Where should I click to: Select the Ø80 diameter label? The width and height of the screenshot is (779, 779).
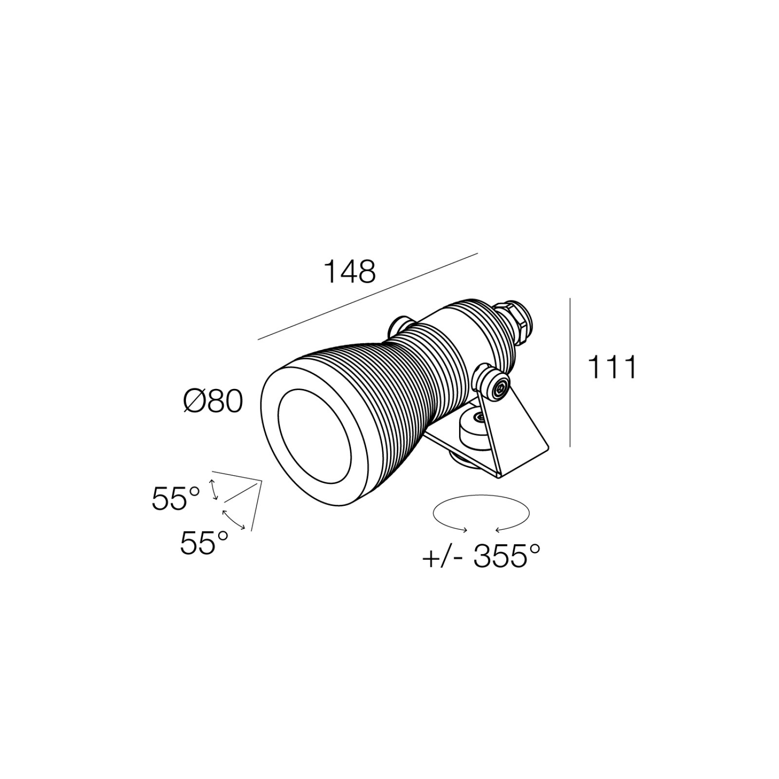pos(213,402)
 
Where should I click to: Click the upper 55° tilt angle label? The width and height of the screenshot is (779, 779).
pos(176,498)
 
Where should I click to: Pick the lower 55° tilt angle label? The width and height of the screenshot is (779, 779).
pos(204,543)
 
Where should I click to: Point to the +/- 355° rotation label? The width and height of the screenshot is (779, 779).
pos(481,556)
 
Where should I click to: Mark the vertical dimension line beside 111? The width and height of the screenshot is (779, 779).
pos(570,372)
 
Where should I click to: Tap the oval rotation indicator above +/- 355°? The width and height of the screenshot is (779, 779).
pos(481,497)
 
